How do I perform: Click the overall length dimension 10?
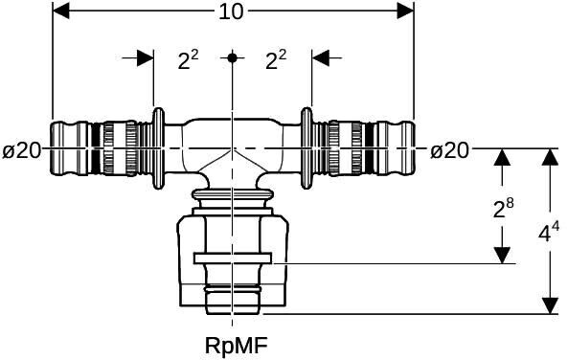(x=231, y=11)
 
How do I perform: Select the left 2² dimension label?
(x=188, y=59)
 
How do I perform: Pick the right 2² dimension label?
(x=276, y=59)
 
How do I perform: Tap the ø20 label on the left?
(x=22, y=150)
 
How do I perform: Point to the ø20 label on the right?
(x=449, y=150)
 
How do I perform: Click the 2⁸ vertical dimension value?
(x=504, y=209)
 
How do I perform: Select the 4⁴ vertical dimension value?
(x=549, y=232)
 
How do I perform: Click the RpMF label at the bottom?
(x=237, y=346)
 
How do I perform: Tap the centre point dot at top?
(x=232, y=57)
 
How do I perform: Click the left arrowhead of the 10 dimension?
(x=61, y=11)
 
